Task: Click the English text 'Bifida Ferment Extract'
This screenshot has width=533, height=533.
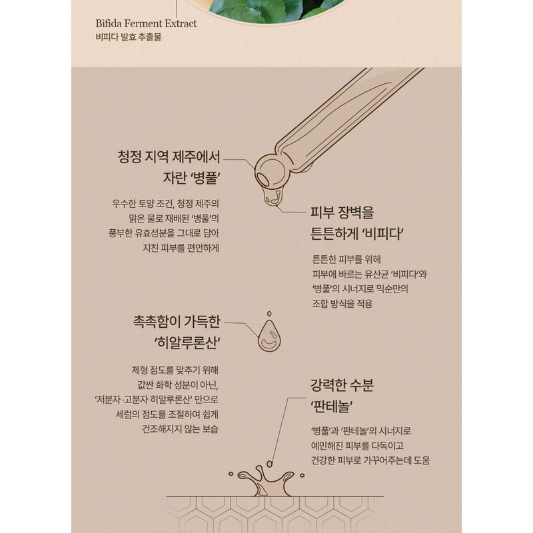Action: (145, 24)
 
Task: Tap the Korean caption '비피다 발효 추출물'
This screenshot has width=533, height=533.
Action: (128, 38)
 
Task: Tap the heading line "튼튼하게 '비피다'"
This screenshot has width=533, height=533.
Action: (359, 235)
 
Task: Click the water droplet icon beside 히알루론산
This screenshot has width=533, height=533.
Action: (269, 334)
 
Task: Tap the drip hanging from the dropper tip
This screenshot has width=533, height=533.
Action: (270, 197)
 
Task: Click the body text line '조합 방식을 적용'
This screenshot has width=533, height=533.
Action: (341, 303)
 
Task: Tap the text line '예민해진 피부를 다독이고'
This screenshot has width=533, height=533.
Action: (357, 445)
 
